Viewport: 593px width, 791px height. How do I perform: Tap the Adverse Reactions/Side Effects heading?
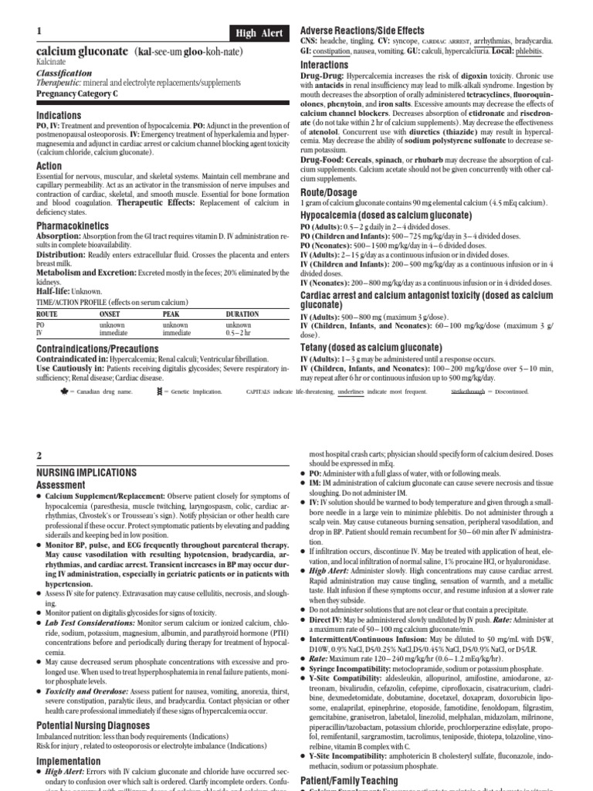(x=363, y=29)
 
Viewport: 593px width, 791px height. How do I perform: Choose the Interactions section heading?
(x=324, y=66)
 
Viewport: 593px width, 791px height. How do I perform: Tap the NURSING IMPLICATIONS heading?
(x=86, y=471)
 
